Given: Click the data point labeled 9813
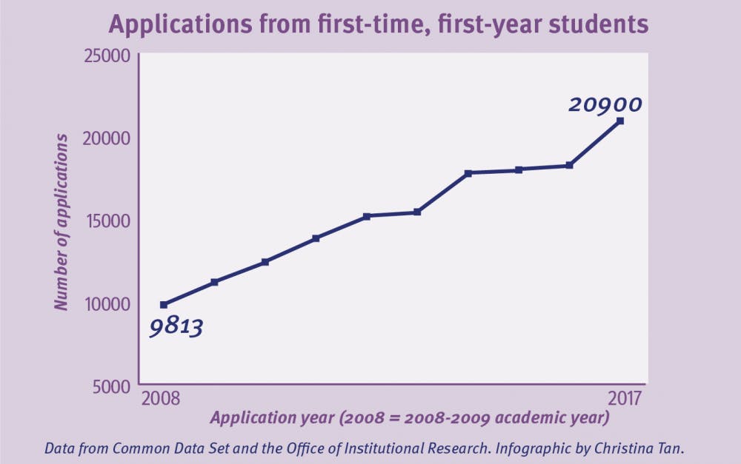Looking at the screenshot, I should [x=164, y=304].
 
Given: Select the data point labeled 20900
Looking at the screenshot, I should [x=620, y=121].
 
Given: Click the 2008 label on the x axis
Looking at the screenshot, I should [x=161, y=399].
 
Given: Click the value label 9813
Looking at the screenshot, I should [x=176, y=326].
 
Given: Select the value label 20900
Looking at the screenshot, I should [x=605, y=105].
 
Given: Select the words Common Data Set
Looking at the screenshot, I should [x=165, y=448].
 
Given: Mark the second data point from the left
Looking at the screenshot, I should [x=214, y=282].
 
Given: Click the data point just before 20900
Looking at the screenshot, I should [x=569, y=165].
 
